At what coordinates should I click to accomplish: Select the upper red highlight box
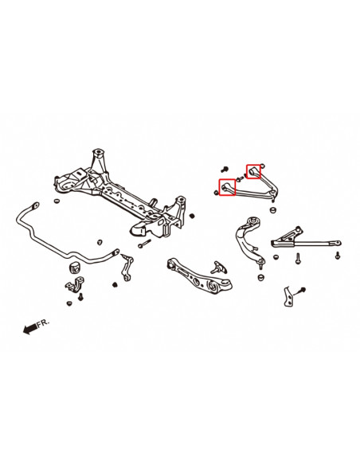253,170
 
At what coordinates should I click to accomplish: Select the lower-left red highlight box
225,189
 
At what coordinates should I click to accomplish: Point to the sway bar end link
126,267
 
